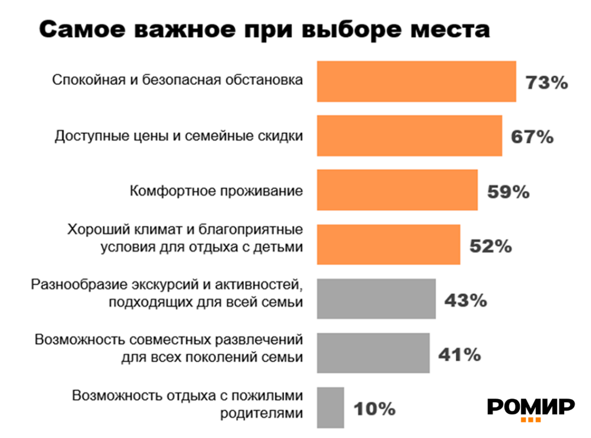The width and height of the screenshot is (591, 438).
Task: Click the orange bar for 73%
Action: [416, 81]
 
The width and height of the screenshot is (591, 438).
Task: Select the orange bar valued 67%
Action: [410, 136]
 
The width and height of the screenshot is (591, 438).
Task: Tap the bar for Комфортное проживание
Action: [397, 190]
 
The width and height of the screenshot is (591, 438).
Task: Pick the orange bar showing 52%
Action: [388, 244]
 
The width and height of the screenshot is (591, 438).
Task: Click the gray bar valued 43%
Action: [376, 298]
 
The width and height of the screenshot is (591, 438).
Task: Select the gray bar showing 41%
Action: [373, 352]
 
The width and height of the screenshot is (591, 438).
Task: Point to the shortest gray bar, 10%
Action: [331, 407]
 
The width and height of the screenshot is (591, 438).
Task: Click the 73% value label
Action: [546, 83]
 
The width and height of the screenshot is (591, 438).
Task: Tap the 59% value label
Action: [508, 192]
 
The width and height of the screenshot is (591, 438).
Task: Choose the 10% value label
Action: [374, 409]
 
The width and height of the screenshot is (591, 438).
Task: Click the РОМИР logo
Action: [530, 408]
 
